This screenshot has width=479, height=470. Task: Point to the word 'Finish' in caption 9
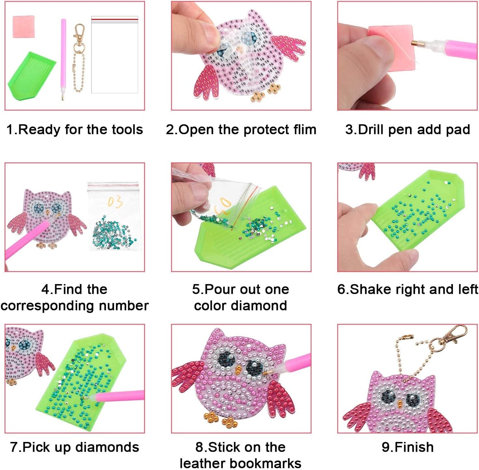414,447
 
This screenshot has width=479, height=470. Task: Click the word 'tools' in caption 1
127,129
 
